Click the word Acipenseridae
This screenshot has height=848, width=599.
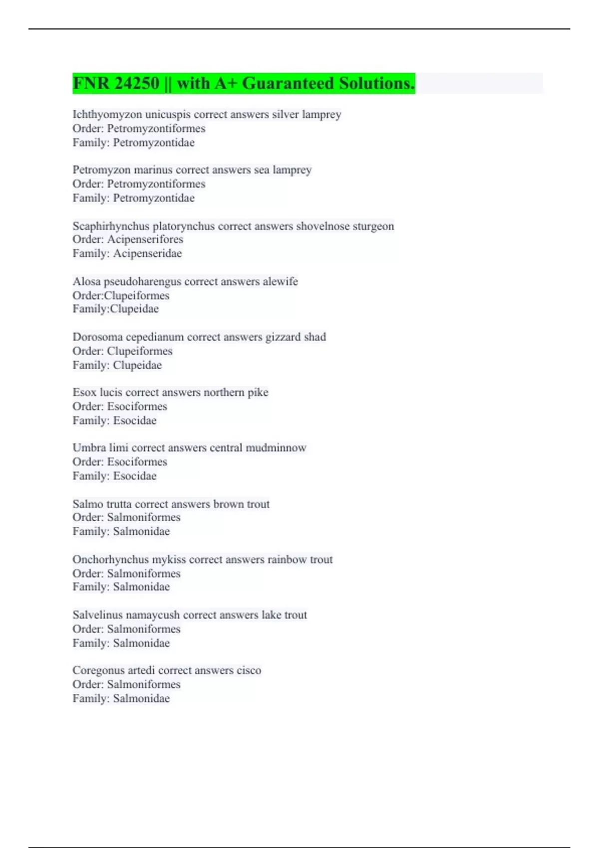(147, 253)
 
